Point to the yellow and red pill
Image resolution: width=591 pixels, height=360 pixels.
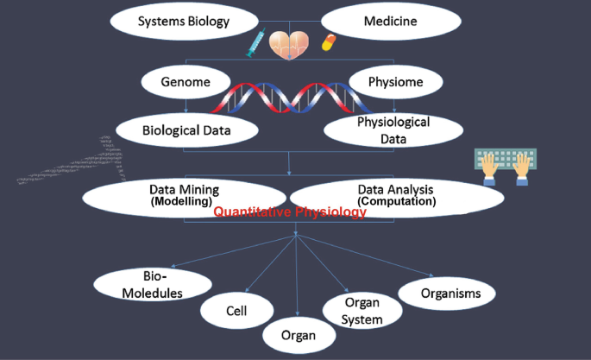(329, 42)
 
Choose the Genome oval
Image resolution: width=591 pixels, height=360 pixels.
(185, 84)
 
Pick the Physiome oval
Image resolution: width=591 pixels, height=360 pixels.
(396, 84)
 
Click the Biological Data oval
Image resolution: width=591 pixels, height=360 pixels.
(187, 130)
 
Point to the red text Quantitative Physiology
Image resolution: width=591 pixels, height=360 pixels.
(290, 212)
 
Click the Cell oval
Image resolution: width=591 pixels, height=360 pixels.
(237, 311)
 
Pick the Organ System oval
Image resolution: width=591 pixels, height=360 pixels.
(363, 312)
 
